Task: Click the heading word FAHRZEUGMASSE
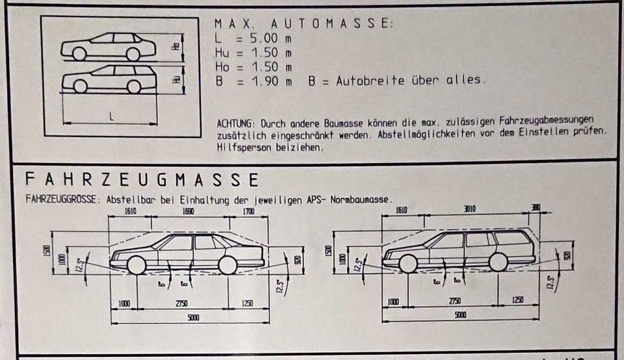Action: pyautogui.click(x=141, y=180)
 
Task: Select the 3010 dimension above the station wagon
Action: pyautogui.click(x=469, y=209)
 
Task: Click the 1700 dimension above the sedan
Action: pyautogui.click(x=248, y=212)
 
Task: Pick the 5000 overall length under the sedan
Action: pyautogui.click(x=193, y=318)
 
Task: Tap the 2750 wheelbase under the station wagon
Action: pyautogui.click(x=455, y=302)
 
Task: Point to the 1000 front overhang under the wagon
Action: pyautogui.click(x=393, y=302)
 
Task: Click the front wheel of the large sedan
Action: pyautogui.click(x=136, y=265)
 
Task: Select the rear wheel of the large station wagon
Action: pyautogui.click(x=498, y=262)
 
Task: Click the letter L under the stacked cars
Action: pyautogui.click(x=111, y=118)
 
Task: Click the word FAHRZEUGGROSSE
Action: pyautogui.click(x=62, y=199)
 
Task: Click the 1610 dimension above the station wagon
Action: pyautogui.click(x=401, y=210)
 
